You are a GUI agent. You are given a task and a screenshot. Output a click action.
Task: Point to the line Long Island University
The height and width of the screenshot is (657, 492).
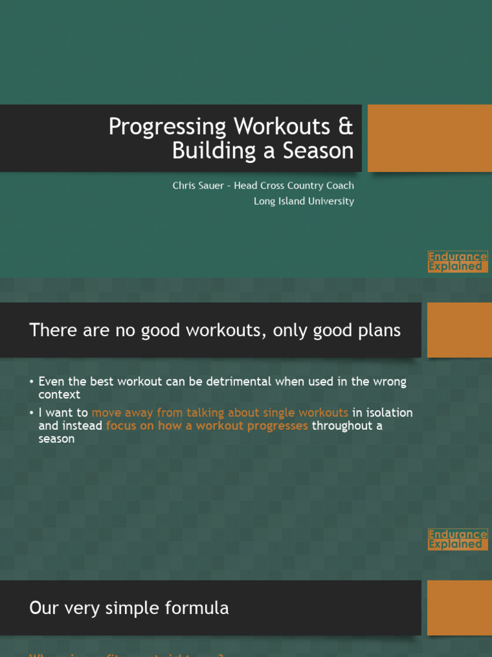[x=304, y=201]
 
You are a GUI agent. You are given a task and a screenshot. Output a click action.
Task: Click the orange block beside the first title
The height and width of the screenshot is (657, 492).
[x=429, y=138]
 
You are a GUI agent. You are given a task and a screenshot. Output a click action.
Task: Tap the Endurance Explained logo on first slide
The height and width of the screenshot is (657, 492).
[x=457, y=261]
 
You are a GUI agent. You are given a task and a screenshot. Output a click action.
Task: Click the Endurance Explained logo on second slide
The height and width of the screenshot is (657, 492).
[x=457, y=539]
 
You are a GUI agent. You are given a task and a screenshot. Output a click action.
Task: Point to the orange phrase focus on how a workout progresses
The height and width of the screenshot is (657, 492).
[x=207, y=425]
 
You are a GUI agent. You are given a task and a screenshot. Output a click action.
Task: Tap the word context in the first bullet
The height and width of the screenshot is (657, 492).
[x=59, y=395]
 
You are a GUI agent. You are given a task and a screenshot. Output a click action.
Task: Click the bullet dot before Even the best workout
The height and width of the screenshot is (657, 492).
[x=31, y=382]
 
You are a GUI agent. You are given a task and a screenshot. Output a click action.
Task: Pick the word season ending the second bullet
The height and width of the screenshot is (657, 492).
[x=56, y=439]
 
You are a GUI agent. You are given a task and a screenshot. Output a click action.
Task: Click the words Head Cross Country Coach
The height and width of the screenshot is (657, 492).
[x=293, y=185]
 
